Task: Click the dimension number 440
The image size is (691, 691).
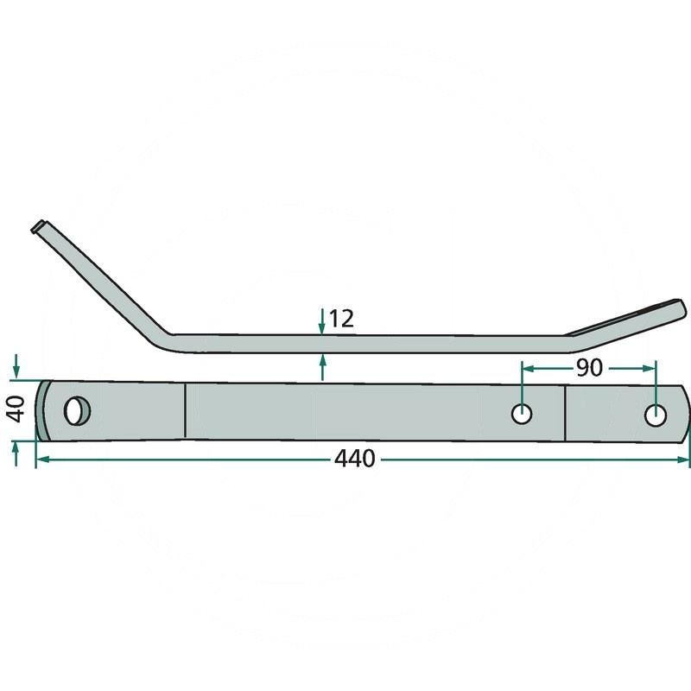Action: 356,459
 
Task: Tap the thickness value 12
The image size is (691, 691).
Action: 341,319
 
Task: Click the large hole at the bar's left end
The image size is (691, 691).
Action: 77,409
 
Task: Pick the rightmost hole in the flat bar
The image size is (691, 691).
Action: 656,415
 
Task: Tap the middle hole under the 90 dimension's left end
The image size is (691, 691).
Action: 522,414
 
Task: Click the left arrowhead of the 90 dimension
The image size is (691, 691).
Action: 527,367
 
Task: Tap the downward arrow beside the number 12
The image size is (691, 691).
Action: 321,326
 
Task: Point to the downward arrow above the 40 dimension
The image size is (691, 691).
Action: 16,371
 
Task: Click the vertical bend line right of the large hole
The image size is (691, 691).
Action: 186,412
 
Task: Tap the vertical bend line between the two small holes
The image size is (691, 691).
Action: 565,413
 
